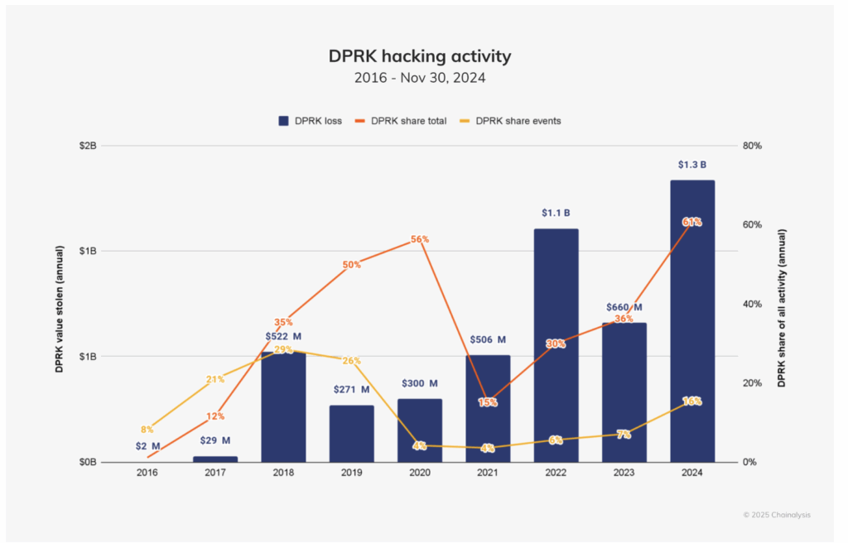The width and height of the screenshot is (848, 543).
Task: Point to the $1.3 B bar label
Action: [x=692, y=165]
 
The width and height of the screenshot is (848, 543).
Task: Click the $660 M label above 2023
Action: [x=624, y=307]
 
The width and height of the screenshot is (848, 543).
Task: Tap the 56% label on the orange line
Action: [x=420, y=239]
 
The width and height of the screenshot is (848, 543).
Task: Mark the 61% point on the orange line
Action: [x=692, y=222]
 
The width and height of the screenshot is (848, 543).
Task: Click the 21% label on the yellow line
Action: [x=215, y=379]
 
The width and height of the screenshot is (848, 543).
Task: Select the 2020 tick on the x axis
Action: [x=419, y=473]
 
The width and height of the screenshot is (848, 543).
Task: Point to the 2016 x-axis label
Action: [x=147, y=473]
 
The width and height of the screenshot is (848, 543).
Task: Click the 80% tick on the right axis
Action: [x=753, y=146]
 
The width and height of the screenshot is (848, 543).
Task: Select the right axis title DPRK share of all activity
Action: [x=781, y=303]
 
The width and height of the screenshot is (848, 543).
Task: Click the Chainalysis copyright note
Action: [x=777, y=515]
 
